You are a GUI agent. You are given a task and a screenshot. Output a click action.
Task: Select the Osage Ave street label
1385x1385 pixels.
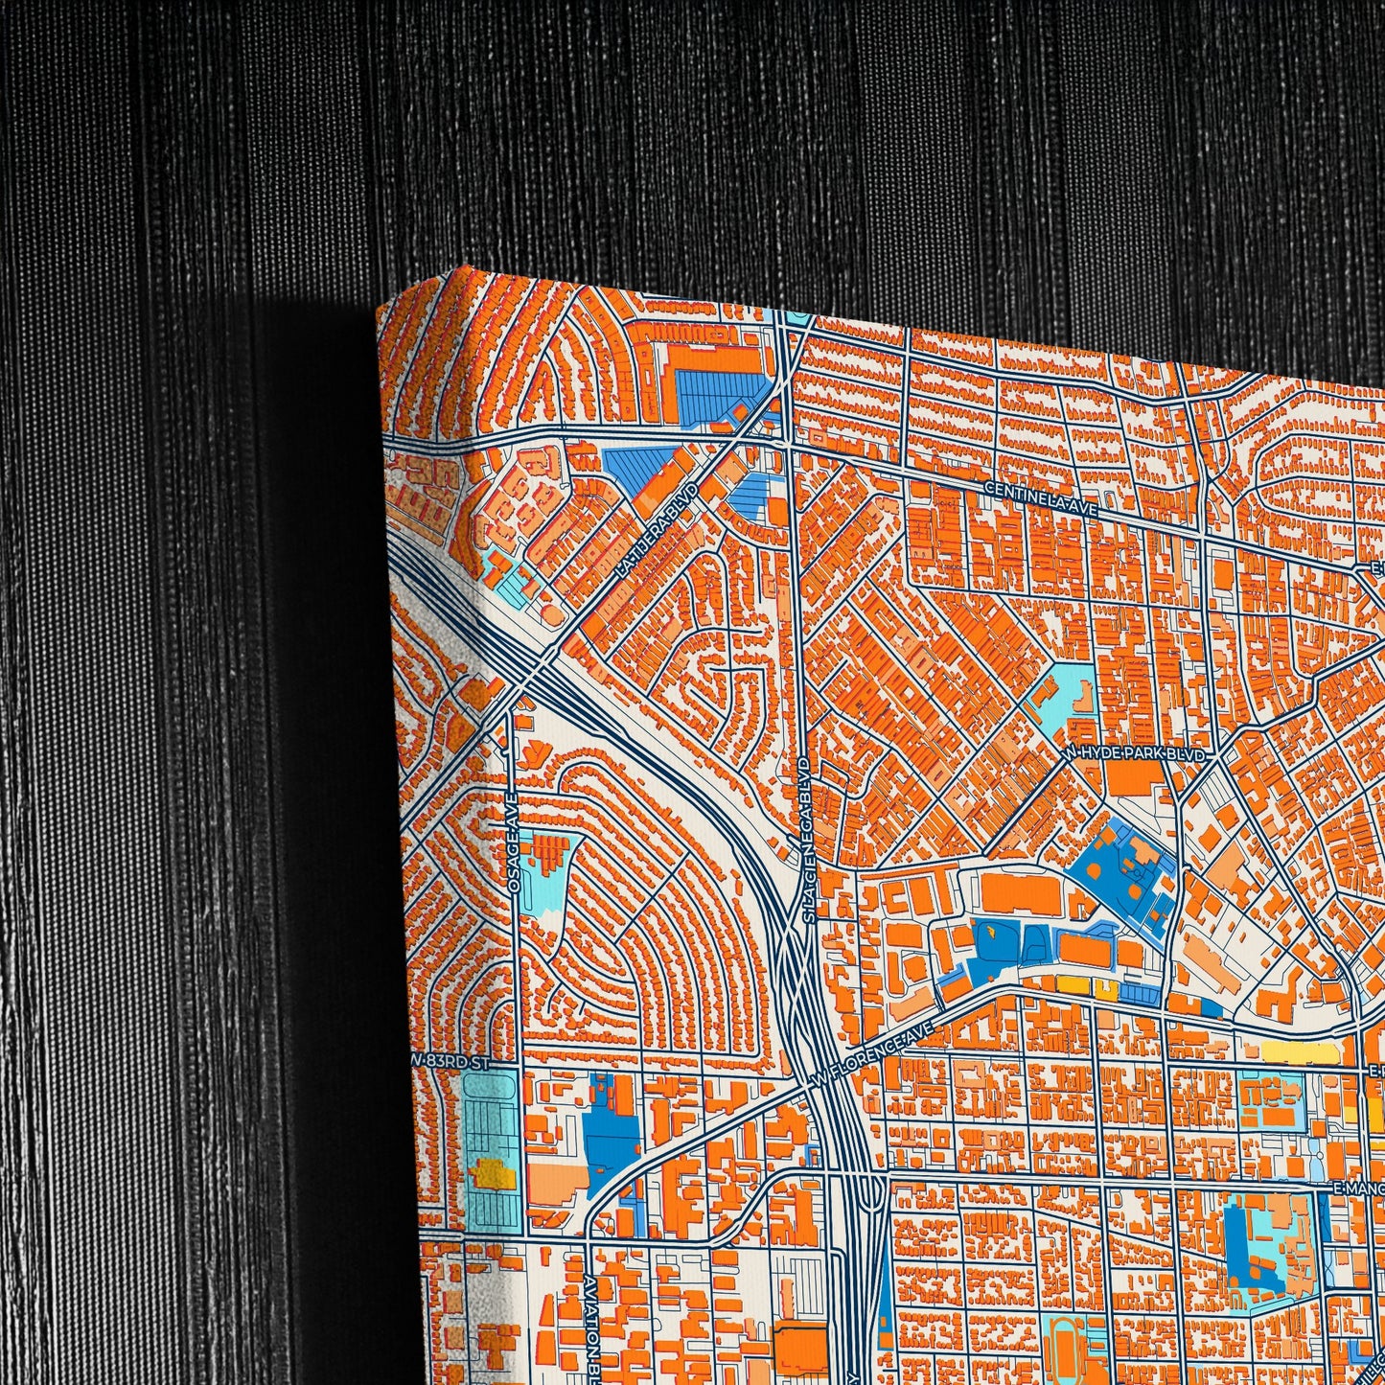click(514, 844)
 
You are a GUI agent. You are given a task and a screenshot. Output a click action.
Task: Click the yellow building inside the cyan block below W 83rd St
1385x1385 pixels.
click(491, 1170)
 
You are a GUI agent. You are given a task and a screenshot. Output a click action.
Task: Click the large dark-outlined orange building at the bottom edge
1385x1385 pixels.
click(800, 1351)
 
